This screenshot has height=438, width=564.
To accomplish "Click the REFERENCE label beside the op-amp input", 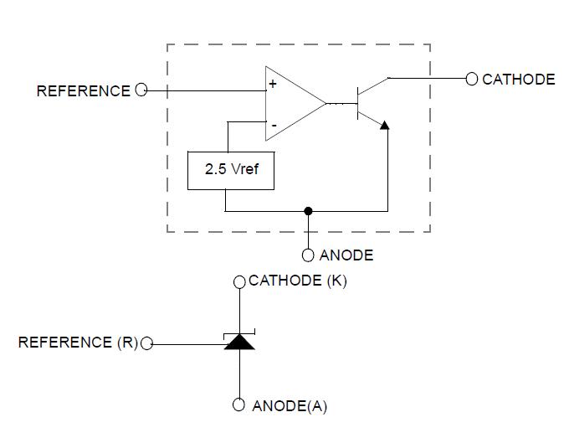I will tap(83, 90).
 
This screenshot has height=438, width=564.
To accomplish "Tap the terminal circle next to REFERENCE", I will tap(141, 90).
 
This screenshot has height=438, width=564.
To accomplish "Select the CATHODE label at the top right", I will tap(518, 80).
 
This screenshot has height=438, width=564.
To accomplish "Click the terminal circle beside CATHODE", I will tap(472, 79).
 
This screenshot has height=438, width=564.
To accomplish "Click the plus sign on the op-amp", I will tap(273, 85).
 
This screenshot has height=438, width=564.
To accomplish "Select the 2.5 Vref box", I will tap(229, 170).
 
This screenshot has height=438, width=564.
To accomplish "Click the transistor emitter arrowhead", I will tap(384, 125).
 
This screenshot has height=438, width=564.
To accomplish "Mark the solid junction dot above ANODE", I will tap(308, 211).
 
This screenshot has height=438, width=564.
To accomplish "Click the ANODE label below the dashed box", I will tap(346, 255).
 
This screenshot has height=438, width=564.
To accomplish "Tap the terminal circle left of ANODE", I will tap(308, 255).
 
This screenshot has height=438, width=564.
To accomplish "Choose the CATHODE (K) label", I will tap(297, 281).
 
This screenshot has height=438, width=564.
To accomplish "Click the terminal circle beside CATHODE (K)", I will tap(239, 281).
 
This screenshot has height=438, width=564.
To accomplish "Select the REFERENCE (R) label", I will tap(77, 342).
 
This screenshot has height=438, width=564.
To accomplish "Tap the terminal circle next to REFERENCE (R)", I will tap(147, 343).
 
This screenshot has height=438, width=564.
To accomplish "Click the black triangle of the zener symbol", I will tap(239, 342).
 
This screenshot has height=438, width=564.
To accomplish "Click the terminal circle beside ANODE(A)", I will tap(239, 405).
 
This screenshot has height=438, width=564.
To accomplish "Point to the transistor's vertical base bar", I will tap(357, 103).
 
